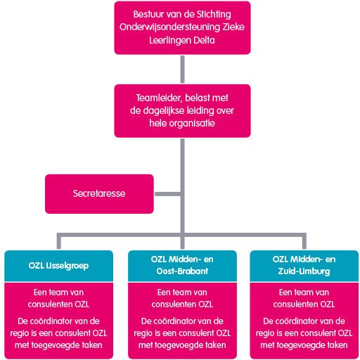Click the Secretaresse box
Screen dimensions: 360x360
(99, 194)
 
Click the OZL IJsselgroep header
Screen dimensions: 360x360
(58, 266)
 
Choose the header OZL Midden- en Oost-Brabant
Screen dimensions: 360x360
(182, 266)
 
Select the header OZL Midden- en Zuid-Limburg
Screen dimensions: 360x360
(304, 266)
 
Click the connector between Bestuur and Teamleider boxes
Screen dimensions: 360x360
(182, 69)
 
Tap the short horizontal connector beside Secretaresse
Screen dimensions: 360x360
(167, 194)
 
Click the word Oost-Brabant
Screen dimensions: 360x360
(182, 271)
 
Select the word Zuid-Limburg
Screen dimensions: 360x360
(304, 271)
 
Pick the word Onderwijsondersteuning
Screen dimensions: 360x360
(169, 27)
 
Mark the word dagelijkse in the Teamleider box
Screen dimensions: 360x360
(165, 111)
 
